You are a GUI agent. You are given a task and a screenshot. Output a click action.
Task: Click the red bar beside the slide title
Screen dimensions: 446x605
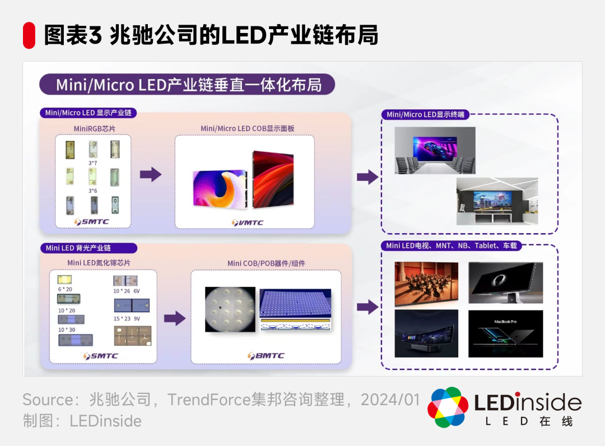tap(29, 35)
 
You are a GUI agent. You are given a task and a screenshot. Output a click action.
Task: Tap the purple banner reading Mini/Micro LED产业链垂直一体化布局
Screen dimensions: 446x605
tap(188, 85)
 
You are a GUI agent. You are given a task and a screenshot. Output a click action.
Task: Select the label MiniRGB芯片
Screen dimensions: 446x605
tap(94, 129)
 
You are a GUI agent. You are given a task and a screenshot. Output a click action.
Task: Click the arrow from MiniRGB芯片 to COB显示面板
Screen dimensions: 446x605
tap(150, 174)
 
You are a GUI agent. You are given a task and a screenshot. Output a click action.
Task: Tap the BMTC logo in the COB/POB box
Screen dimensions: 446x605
tap(266, 355)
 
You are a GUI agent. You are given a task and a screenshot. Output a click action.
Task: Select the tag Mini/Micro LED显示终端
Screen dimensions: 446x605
tap(425, 114)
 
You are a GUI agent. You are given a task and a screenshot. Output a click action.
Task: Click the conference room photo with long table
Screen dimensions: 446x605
tap(434, 150)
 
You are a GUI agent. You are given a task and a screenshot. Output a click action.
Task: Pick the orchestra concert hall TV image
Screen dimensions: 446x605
tap(426, 284)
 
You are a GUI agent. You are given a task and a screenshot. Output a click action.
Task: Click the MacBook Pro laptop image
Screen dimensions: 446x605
tap(505, 333)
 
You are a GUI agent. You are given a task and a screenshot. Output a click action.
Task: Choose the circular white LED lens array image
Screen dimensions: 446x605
tap(230, 310)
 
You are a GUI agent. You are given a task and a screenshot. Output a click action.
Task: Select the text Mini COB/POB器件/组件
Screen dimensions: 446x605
tap(266, 263)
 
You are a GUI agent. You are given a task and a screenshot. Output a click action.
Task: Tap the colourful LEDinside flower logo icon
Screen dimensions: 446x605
tap(448, 407)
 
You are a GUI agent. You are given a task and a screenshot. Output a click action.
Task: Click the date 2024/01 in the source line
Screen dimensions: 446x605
tap(390, 399)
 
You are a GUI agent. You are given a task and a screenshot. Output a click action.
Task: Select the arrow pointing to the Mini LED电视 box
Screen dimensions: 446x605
tap(367, 307)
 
